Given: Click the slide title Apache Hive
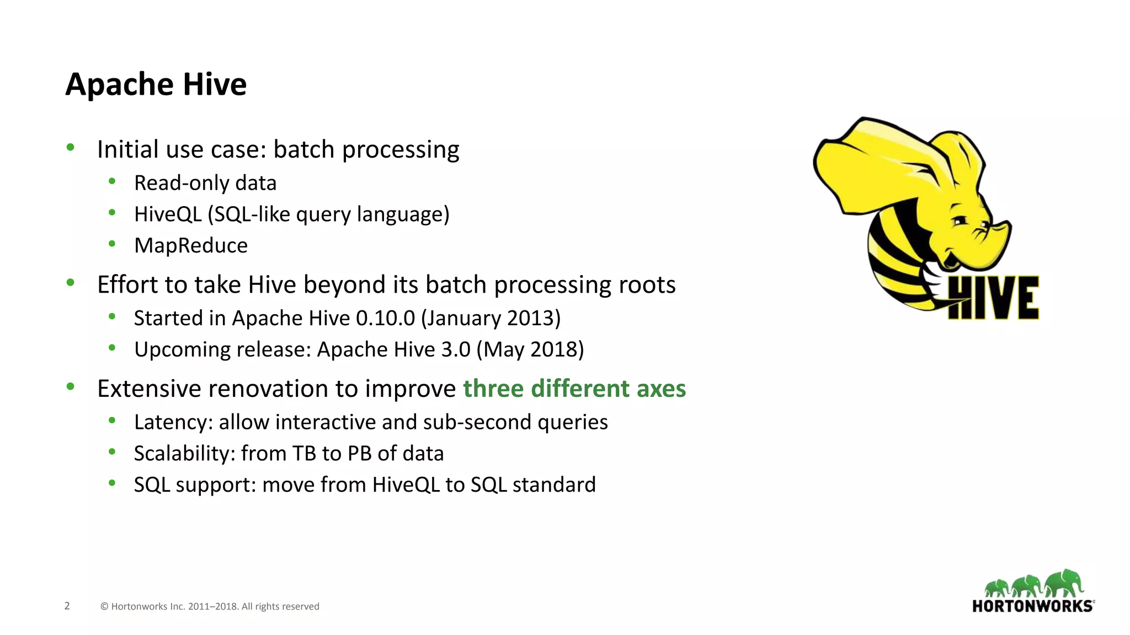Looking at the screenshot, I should [156, 84].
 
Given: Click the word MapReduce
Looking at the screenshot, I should [191, 245].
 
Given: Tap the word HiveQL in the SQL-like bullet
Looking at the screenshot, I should [168, 214].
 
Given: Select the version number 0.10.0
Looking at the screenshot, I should [385, 319].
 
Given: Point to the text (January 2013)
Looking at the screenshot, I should [491, 319].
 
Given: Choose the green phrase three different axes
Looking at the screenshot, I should [574, 389].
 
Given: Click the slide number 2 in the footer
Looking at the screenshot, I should [67, 606].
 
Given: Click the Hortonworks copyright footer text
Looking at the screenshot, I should [210, 606].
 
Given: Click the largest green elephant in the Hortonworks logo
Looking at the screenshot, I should [1065, 583].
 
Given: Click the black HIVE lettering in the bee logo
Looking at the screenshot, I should [993, 298].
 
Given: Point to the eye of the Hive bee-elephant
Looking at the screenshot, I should [960, 220].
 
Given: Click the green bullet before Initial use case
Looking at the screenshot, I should [70, 147].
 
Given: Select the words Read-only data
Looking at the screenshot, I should [205, 183].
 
